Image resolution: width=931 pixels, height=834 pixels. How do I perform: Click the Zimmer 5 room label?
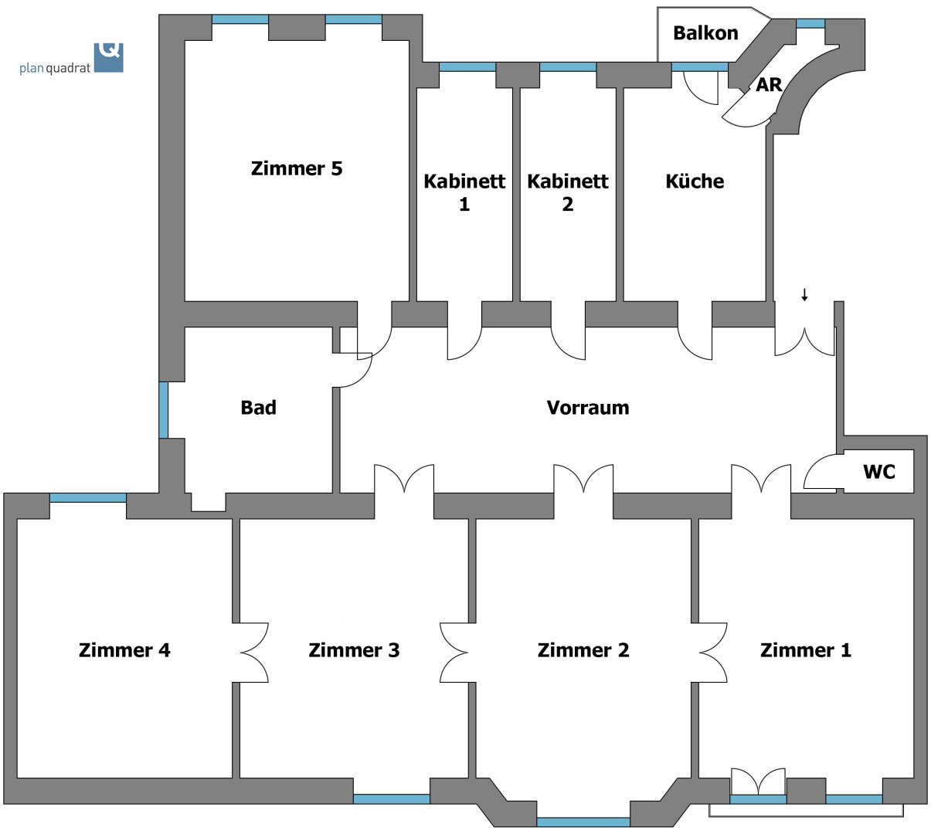click(297, 168)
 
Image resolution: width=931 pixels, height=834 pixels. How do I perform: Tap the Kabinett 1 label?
click(464, 192)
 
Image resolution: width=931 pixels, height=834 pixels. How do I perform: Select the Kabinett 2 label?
click(568, 192)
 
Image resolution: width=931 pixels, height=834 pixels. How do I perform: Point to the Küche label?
click(695, 181)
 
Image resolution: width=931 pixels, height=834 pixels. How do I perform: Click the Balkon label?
click(705, 33)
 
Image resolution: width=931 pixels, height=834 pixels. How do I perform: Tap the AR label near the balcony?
click(769, 85)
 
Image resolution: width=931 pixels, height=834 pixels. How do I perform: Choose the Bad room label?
click(258, 408)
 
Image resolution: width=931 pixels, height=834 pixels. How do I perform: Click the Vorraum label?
click(588, 408)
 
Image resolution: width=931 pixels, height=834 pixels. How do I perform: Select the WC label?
click(879, 471)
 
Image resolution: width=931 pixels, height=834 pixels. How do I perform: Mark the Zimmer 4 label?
click(124, 650)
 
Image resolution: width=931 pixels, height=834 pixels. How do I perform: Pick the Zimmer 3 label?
click(354, 650)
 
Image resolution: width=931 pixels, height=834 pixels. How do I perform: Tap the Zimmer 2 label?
click(583, 650)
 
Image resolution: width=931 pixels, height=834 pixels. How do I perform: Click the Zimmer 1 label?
click(806, 650)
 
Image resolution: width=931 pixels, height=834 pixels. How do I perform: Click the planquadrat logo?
click(72, 59)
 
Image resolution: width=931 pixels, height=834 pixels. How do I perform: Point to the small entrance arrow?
click(804, 294)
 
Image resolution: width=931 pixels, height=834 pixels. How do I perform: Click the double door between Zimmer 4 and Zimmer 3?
click(253, 653)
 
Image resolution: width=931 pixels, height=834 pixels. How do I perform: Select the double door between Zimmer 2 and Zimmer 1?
click(712, 653)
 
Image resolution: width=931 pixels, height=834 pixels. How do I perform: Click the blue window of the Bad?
click(163, 409)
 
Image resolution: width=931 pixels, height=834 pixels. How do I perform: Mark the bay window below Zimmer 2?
click(583, 822)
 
